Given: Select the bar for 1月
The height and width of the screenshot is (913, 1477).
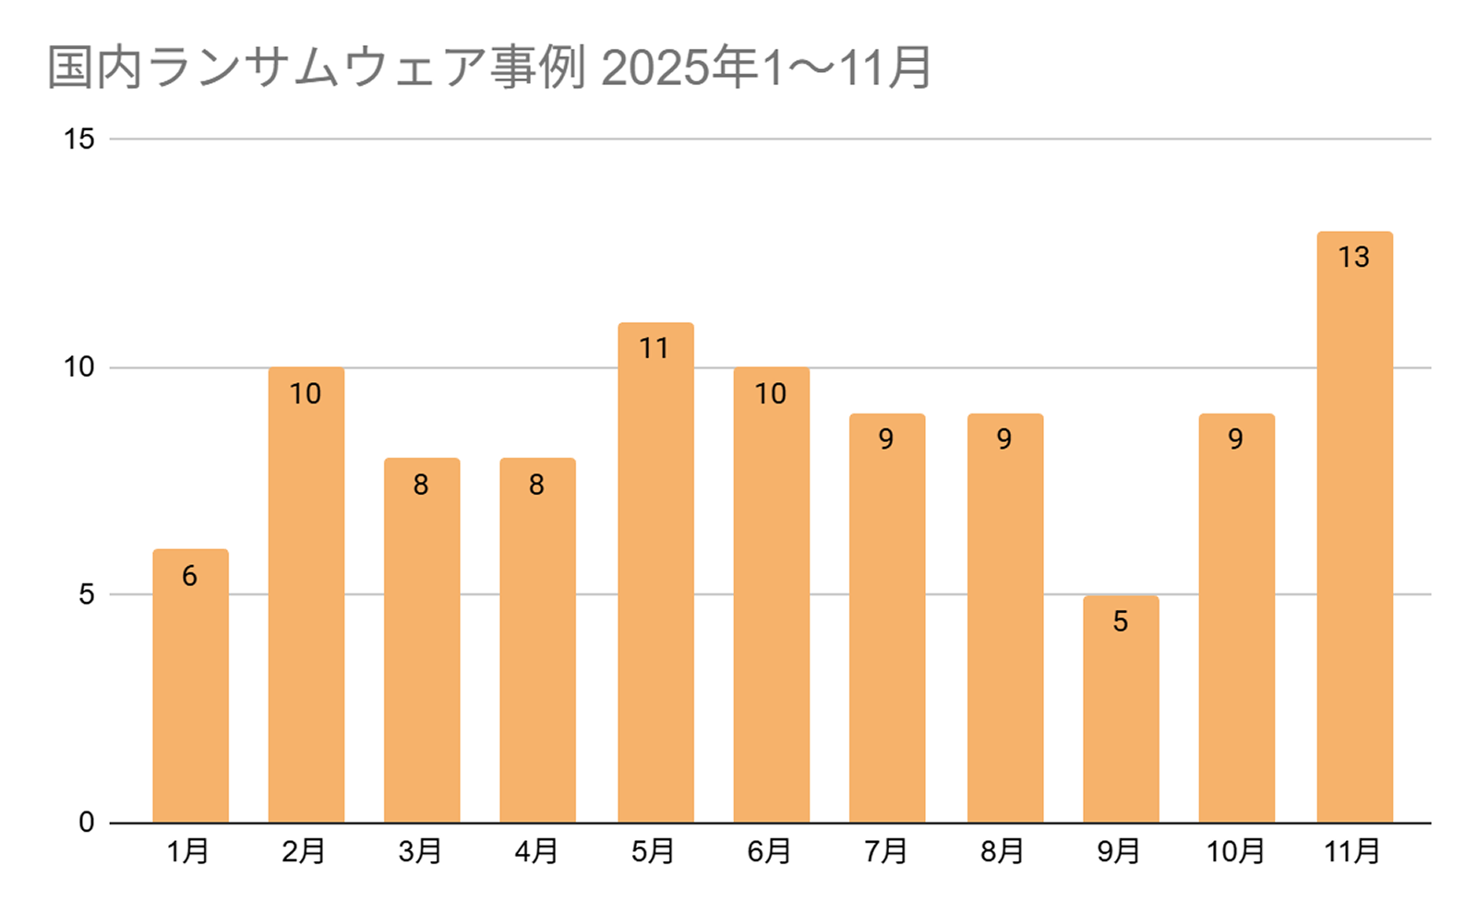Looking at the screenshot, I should click(190, 688).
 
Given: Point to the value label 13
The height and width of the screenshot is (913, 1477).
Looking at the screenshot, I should click(1354, 257).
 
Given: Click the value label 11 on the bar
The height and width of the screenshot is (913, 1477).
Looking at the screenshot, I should click(654, 348).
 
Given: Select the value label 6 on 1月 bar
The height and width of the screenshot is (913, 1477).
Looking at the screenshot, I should click(189, 576).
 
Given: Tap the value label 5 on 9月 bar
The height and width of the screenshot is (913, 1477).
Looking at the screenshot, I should click(1121, 621).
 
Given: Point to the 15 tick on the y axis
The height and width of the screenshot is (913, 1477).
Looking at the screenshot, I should click(79, 139).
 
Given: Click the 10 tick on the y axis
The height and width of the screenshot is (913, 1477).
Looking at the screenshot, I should click(79, 367).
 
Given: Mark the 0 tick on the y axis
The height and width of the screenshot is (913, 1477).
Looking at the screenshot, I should click(86, 822).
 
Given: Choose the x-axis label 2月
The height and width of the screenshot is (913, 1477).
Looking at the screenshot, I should click(304, 851).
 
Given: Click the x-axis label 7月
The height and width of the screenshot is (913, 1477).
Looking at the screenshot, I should click(886, 851).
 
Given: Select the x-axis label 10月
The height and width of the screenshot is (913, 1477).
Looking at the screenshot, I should click(1235, 851).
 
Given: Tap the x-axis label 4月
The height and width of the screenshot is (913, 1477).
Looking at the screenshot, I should click(536, 851).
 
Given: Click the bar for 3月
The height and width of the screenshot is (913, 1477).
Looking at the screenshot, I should click(422, 646).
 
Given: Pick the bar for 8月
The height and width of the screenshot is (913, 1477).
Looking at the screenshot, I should click(1005, 628).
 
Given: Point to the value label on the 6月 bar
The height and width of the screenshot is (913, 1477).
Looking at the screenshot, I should click(771, 394).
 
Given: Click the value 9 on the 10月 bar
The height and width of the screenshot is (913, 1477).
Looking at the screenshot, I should click(1236, 439).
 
